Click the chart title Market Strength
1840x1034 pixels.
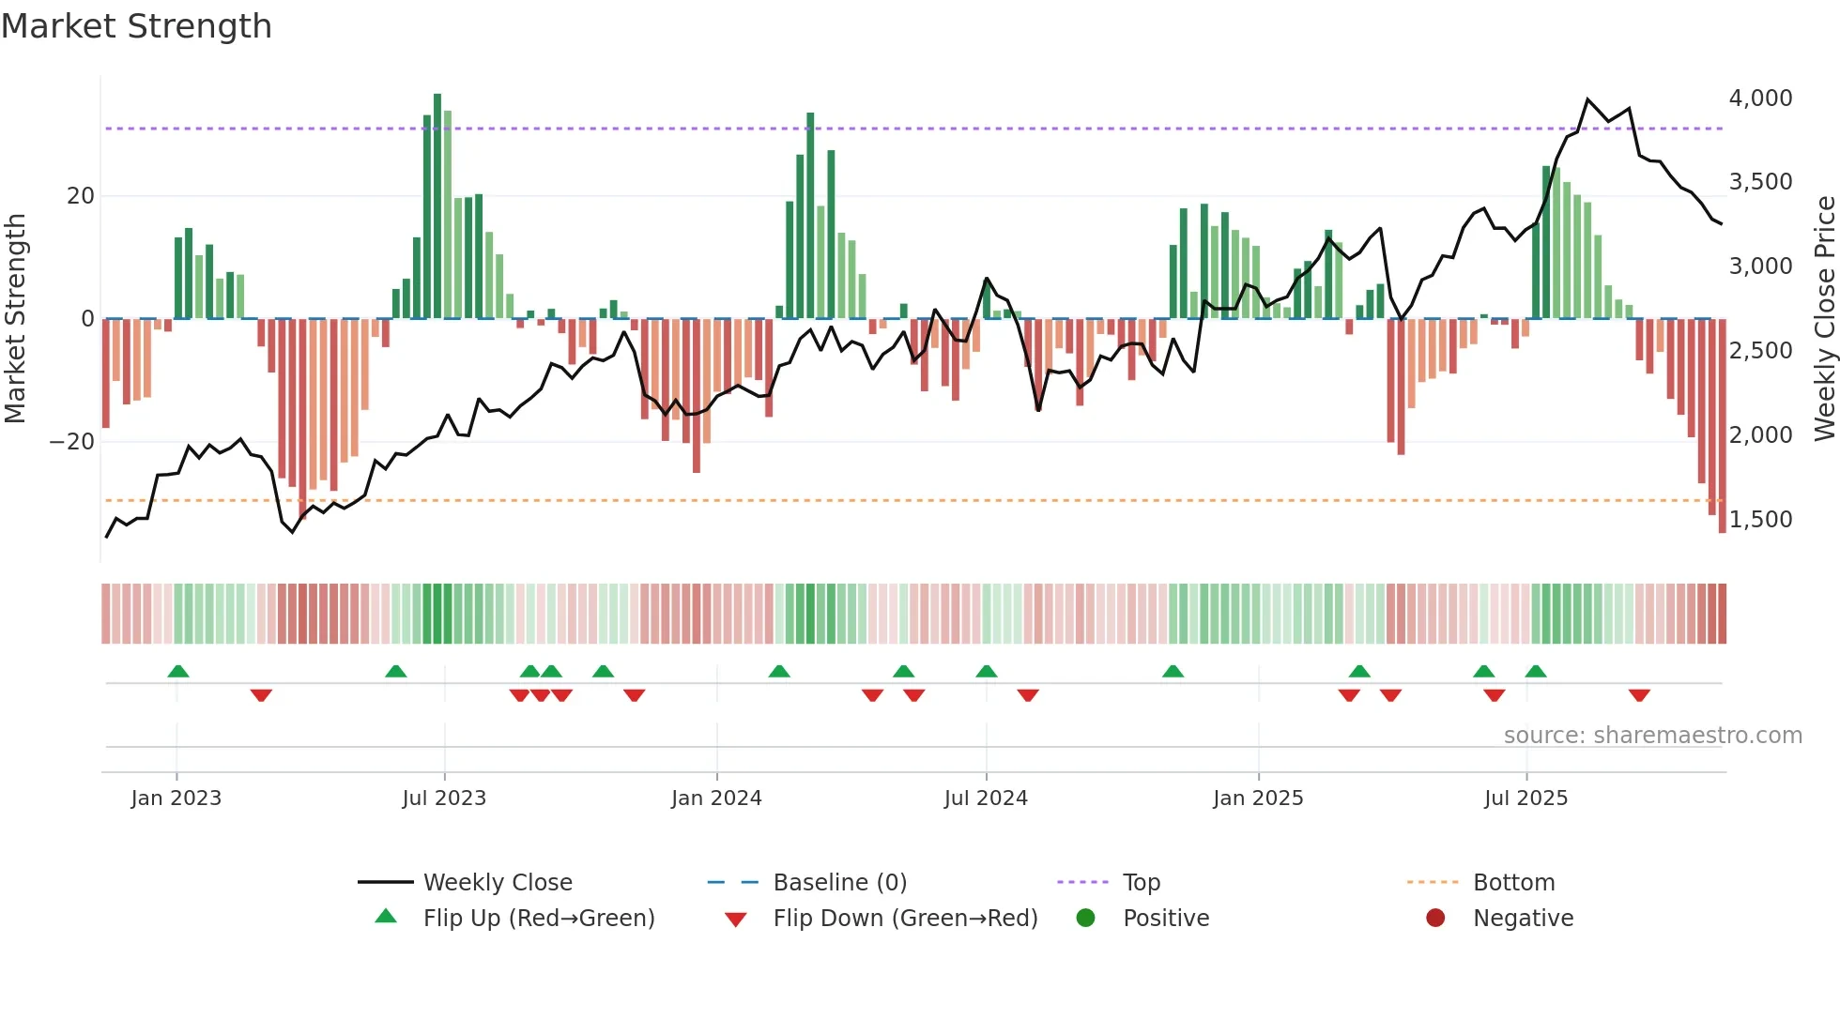136,26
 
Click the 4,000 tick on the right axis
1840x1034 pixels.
1760,98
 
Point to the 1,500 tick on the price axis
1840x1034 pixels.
1760,519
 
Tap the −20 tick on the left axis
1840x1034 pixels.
72,441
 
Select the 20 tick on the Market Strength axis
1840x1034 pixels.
81,195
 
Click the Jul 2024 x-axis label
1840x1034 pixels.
986,798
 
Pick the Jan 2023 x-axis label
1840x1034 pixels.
176,798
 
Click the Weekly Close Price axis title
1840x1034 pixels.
1824,319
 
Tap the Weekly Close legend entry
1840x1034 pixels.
497,882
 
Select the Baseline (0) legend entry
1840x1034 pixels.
839,882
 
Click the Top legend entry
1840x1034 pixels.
1142,882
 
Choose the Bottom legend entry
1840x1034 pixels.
1513,882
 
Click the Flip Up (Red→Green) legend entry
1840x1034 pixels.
538,918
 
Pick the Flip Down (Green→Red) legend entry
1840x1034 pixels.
905,918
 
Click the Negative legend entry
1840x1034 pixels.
1523,918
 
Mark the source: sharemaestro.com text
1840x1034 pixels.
1652,735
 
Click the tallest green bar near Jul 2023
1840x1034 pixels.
437,206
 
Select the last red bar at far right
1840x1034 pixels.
1722,427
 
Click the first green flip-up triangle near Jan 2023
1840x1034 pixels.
178,671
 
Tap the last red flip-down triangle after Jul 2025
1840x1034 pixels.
1639,695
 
